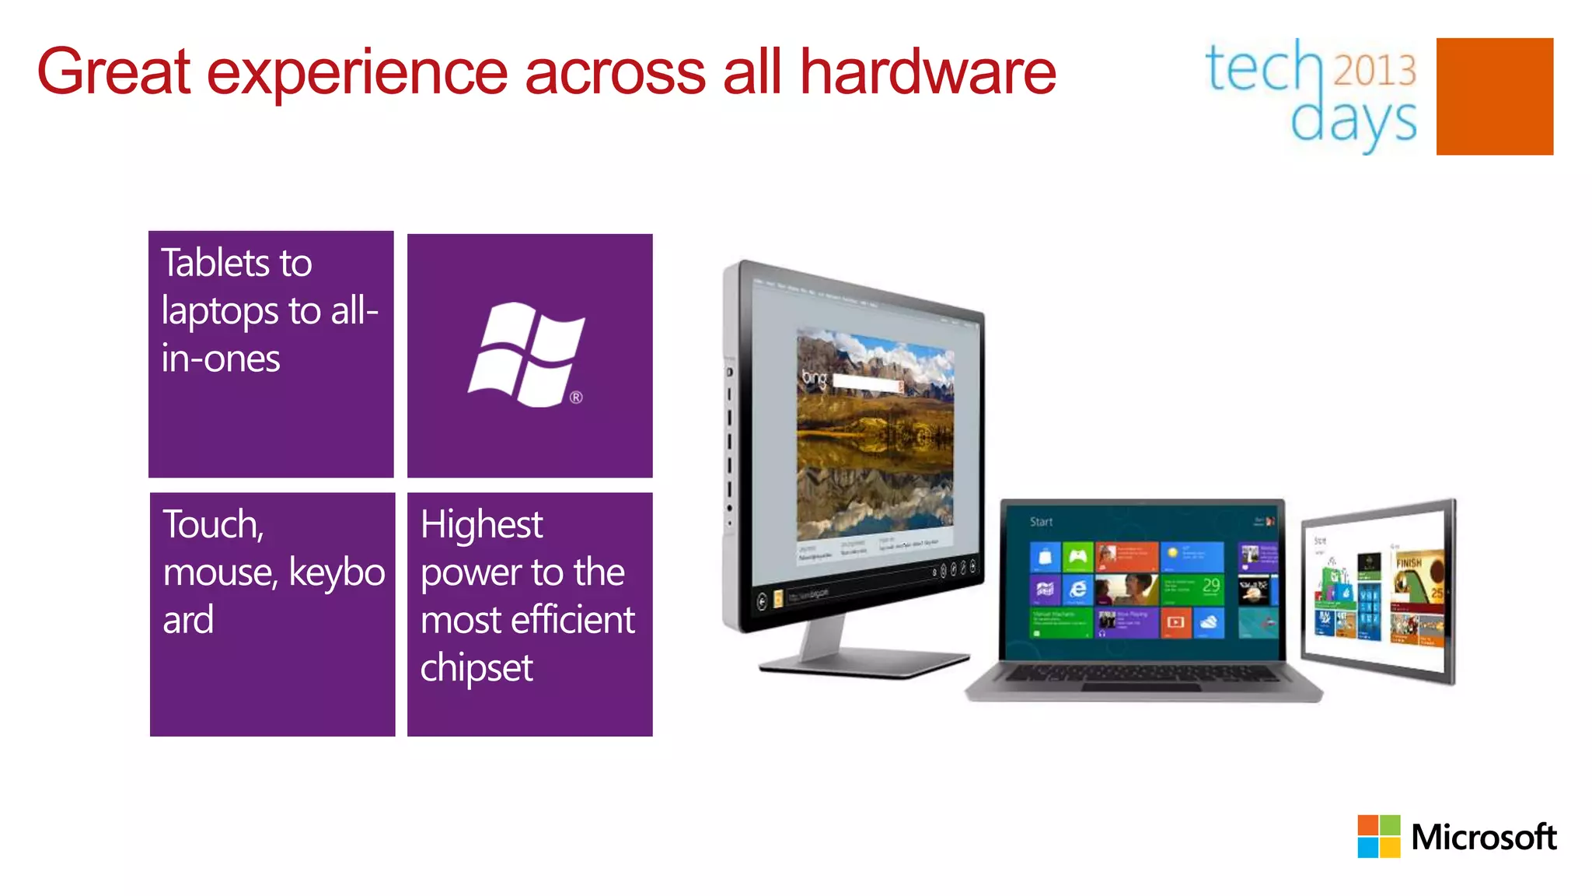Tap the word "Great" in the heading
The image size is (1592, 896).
point(113,72)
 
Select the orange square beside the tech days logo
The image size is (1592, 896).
point(1494,96)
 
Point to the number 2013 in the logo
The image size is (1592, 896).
point(1375,71)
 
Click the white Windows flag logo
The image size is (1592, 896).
point(527,355)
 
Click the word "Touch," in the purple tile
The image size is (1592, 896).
point(213,525)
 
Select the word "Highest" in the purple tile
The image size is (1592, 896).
point(481,525)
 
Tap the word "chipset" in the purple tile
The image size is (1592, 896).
point(477,668)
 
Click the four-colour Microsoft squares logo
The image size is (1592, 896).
point(1378,836)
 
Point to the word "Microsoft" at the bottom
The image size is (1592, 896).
point(1483,837)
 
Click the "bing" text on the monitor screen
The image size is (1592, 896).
point(814,379)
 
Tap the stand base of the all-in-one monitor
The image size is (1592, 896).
point(863,663)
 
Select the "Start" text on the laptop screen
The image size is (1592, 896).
point(1041,522)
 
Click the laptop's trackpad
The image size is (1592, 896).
point(1140,688)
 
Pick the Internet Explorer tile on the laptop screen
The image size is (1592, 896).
point(1077,590)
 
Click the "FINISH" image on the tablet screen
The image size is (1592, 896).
point(1409,562)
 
